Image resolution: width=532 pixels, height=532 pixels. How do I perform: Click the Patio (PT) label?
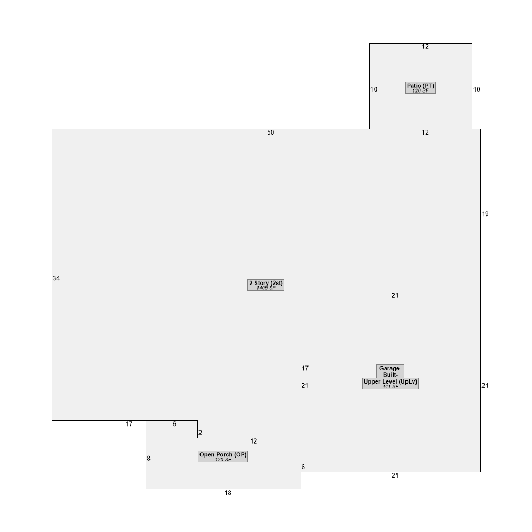pos(420,86)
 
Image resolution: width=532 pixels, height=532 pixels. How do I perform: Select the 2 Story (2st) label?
pos(265,283)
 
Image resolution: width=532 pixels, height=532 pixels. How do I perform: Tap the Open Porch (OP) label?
pos(223,455)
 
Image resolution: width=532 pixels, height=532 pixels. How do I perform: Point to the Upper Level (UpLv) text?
pos(390,381)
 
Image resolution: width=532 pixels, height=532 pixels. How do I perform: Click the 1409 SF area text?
pos(265,288)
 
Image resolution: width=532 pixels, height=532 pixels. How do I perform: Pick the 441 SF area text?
pos(390,386)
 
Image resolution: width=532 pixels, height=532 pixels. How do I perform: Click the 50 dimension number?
pos(270,132)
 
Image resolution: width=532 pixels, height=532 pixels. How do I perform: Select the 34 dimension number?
pos(56,278)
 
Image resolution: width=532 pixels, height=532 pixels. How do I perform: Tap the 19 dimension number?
pos(485,214)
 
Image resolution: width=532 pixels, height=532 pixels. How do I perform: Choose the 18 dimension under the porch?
pos(228,493)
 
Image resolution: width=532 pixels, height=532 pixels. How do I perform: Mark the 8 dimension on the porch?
pos(148,459)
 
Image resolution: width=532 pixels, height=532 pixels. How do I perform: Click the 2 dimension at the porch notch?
pos(200,433)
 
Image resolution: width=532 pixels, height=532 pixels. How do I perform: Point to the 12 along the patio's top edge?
pos(425,47)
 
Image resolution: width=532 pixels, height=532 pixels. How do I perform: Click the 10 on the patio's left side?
pos(373,89)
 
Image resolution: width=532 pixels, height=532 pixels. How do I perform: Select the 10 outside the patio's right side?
pos(477,89)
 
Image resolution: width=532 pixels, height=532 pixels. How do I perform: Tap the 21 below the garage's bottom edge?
pos(395,476)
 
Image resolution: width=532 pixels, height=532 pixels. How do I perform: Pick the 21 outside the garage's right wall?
pos(485,385)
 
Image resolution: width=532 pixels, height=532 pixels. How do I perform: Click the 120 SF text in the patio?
pos(420,90)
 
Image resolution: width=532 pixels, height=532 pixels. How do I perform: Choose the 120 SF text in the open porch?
pos(223,460)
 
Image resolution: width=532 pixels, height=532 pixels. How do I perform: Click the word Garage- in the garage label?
pos(390,369)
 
